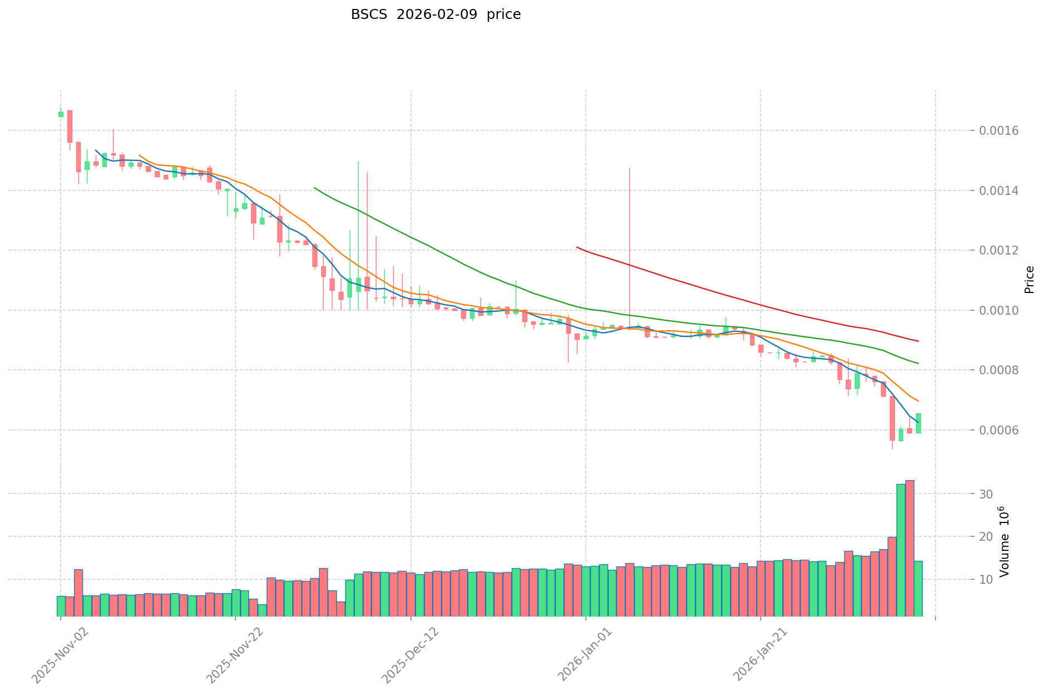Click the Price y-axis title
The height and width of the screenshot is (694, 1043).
click(x=1029, y=280)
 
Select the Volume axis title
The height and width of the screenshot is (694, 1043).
click(x=1003, y=541)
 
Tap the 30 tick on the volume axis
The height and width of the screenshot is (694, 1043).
click(x=986, y=494)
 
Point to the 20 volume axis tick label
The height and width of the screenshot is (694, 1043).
click(x=986, y=537)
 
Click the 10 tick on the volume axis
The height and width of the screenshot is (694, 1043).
click(x=986, y=580)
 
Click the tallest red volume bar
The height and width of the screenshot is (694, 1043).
click(x=909, y=548)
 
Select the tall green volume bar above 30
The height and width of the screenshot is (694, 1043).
click(x=901, y=550)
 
